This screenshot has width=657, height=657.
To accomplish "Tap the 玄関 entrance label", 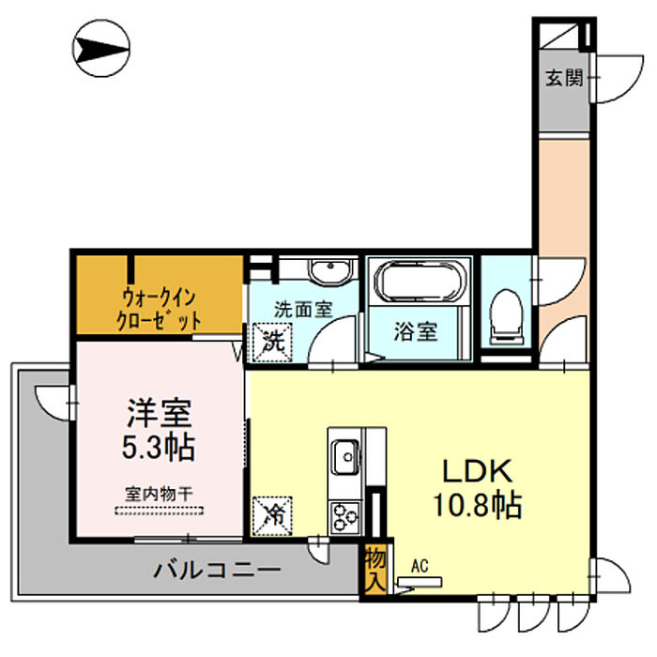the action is [x=563, y=78].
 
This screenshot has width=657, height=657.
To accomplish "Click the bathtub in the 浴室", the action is [x=420, y=282].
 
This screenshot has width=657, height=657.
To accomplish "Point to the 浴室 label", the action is [x=416, y=331].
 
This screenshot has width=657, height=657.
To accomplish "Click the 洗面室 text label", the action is [x=303, y=309].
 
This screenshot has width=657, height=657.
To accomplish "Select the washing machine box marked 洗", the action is [x=272, y=342].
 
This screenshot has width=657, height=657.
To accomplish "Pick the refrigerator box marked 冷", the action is [x=272, y=516].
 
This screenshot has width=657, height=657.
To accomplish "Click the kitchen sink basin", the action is [x=345, y=456].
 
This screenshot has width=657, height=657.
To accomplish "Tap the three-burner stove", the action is [x=344, y=517].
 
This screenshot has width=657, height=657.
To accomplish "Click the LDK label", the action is [x=478, y=471].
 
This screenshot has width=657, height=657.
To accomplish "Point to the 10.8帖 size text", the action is [x=477, y=505].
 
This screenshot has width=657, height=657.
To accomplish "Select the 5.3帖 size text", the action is [x=159, y=447].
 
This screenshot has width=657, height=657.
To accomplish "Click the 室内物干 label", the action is [x=159, y=495].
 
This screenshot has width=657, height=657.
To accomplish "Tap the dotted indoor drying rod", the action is [x=160, y=511].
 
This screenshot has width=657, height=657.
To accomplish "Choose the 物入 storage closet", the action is [x=375, y=570].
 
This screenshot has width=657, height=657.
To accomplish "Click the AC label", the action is [x=420, y=567].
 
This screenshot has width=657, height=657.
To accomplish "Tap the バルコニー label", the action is [x=217, y=571].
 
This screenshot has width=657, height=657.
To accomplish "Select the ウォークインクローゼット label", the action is [x=159, y=310].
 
